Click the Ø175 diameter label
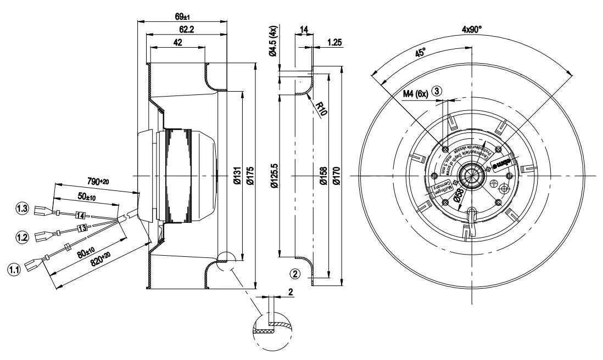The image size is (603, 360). pyautogui.click(x=250, y=175)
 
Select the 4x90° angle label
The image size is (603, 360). pyautogui.click(x=472, y=29)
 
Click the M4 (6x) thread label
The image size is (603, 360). pyautogui.click(x=416, y=94)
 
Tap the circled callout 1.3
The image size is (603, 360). pyautogui.click(x=23, y=209)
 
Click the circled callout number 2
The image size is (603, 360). pyautogui.click(x=295, y=273)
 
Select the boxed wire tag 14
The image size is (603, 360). pyautogui.click(x=80, y=215)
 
